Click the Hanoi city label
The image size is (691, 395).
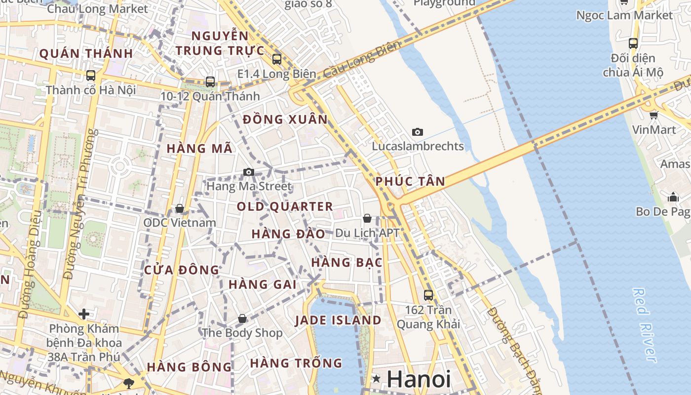pos(419,379)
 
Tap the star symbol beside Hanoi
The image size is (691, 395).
pos(377,379)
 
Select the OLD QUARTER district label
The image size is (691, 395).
pos(285,206)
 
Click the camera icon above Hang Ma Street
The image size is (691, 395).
pos(249,172)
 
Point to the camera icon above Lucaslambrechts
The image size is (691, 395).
pos(418,132)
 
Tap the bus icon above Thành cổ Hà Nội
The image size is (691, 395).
pos(91,76)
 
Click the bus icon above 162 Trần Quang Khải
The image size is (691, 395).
pos(428,295)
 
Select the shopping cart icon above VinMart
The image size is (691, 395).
pos(654,116)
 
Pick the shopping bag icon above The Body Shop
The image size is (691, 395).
pos(242,318)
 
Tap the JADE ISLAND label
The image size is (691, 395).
pos(338,320)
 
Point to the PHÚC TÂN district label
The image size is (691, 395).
pos(410,181)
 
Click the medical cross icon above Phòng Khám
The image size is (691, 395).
pos(84,314)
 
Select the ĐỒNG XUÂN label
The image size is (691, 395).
pos(285,119)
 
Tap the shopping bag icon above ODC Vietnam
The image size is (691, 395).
pos(180,208)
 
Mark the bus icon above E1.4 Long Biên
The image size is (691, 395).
pos(277,59)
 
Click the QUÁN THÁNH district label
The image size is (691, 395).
pos(86,53)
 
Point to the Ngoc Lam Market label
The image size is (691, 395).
pos(624,15)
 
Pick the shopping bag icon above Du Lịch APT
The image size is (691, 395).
pos(367,218)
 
